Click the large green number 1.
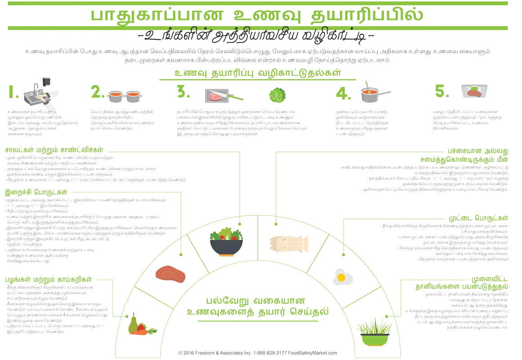13,92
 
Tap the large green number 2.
97,92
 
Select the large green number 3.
183,92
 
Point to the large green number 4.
343,93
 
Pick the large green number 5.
442,91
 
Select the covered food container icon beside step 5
475,92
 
